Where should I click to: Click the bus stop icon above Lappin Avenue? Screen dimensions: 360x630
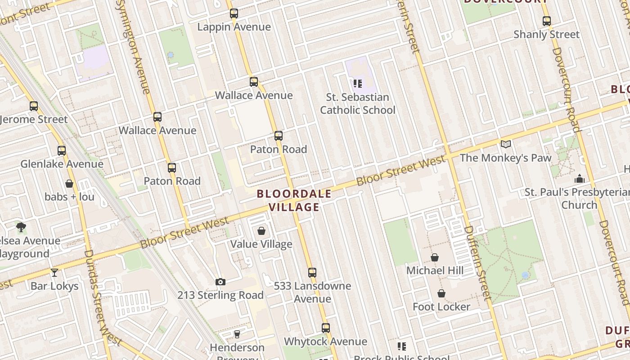[x=234, y=13]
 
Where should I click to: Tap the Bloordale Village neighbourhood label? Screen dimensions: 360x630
[x=294, y=201]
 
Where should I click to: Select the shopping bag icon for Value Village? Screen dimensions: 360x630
[x=261, y=231]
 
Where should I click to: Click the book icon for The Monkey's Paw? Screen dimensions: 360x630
[x=506, y=144]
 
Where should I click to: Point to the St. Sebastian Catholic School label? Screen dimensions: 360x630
[x=358, y=103]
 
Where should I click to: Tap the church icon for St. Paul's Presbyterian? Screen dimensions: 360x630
[x=580, y=179]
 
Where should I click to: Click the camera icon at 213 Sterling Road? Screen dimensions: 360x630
[x=220, y=282]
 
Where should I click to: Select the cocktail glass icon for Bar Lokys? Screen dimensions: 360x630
[x=54, y=272]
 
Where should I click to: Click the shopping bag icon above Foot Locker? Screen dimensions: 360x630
[x=441, y=293]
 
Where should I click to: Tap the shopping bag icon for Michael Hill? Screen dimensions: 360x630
[x=435, y=257]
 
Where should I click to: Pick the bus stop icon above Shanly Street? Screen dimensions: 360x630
[x=547, y=21]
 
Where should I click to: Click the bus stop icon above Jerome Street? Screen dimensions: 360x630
[x=34, y=106]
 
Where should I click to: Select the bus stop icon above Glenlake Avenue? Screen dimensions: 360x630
[x=62, y=151]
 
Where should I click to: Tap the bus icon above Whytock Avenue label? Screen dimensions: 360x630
[x=326, y=328]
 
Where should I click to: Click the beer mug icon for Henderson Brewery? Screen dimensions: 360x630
[x=237, y=334]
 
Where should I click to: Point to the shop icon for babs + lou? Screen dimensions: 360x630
[x=69, y=184]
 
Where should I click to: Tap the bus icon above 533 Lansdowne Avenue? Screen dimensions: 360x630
[x=312, y=272]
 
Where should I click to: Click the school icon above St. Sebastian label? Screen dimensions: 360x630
[x=358, y=83]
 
